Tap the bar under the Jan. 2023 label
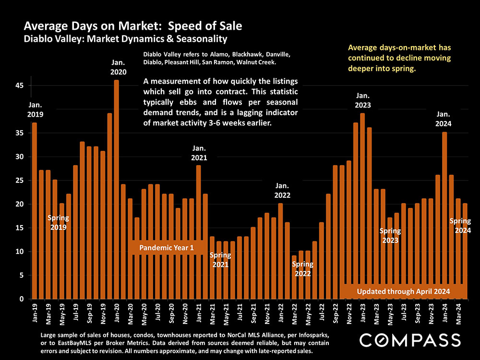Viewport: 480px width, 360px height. coord(362,206)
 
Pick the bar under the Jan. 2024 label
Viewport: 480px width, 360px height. coord(444,216)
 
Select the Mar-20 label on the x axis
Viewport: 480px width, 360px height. coord(130,312)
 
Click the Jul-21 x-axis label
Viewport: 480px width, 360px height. coord(240,312)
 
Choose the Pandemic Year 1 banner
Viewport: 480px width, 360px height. coord(167,248)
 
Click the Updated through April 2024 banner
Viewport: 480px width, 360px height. coord(403,291)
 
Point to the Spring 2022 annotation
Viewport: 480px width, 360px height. coord(302,269)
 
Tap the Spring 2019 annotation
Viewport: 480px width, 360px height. coord(58,222)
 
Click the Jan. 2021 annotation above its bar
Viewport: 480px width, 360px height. coord(199,153)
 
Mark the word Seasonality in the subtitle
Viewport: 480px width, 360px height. coord(200,38)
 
